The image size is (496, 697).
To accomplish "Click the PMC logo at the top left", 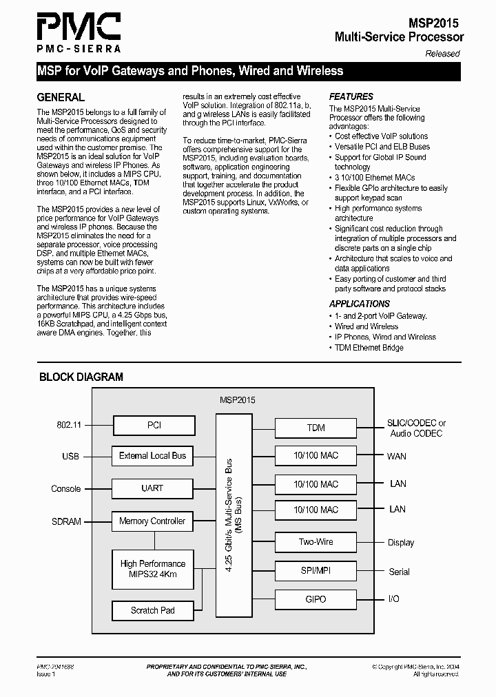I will (79, 32).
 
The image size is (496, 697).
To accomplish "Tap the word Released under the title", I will (442, 54).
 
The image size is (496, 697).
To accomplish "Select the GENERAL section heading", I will (61, 97).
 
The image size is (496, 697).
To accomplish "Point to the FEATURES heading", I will (351, 97).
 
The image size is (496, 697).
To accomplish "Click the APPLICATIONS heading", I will (360, 304).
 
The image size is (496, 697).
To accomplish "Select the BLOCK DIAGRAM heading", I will (81, 377).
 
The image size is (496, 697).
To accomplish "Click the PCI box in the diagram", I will (154, 425).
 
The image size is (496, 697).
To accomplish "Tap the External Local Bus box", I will (152, 455).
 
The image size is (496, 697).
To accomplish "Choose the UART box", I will (152, 488).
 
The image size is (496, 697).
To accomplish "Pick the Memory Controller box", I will (152, 521).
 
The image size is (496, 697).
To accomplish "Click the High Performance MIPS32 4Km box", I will (152, 569).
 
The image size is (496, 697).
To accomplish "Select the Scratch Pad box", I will (152, 610).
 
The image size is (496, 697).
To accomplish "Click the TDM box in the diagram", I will (316, 428).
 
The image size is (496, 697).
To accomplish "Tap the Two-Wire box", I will (316, 542).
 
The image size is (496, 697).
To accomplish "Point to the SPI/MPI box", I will (316, 571).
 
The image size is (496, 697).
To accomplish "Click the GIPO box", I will (316, 599).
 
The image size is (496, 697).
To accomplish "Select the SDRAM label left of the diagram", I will (66, 521).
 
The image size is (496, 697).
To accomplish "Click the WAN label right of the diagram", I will (397, 456).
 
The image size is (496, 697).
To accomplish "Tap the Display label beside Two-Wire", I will (401, 543).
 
